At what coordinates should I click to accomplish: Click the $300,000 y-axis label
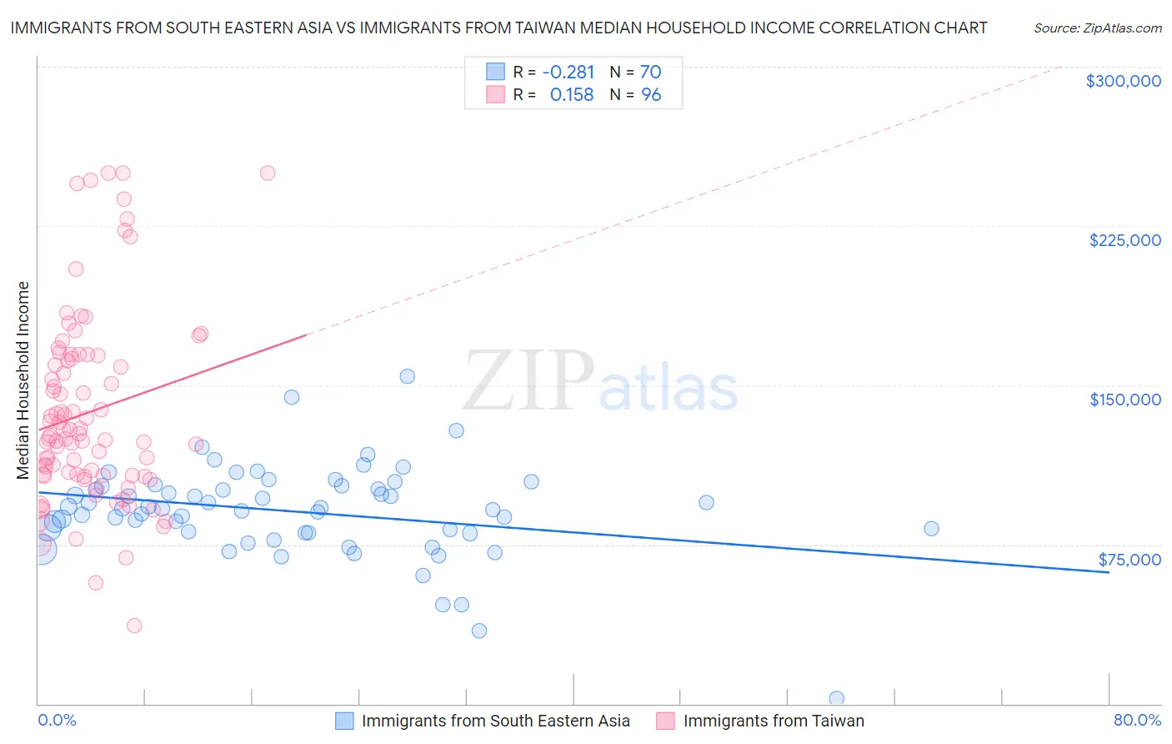tap(1123, 81)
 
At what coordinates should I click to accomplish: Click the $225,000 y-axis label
tap(1124, 240)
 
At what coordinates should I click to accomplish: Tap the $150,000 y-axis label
tap(1124, 400)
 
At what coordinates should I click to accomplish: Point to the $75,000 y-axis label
tap(1129, 560)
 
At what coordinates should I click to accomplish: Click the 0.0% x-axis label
tap(57, 720)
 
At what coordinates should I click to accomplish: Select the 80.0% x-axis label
tap(1137, 720)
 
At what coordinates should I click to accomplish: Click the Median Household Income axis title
tap(23, 380)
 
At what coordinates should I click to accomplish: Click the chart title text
tap(498, 28)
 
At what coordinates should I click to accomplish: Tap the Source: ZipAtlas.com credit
tap(1097, 28)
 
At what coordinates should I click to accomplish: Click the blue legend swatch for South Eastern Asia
tap(345, 721)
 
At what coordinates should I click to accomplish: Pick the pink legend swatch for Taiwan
tap(665, 721)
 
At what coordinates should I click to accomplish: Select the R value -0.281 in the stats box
tap(568, 72)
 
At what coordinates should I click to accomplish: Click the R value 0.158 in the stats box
tap(571, 95)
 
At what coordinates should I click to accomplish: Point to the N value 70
tap(650, 72)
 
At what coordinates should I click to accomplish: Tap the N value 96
tap(650, 95)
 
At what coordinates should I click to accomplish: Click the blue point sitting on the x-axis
tap(836, 698)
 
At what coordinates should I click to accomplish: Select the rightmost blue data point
tap(931, 528)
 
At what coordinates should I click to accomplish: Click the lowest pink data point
tap(133, 625)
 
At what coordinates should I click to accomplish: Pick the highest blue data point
tap(407, 376)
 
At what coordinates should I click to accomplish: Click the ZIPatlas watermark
tap(600, 382)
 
